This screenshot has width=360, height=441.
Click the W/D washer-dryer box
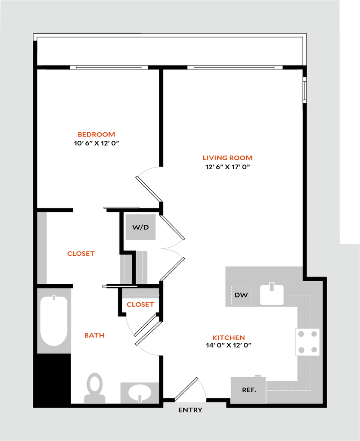coord(140,227)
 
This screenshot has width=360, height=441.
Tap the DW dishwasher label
coord(241,295)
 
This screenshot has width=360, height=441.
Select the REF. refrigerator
coord(248,390)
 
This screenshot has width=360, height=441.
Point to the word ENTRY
coord(190,410)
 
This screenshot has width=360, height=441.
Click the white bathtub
coord(54,320)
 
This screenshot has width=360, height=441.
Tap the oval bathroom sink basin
coord(140,392)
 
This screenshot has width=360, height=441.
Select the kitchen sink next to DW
coord(272,295)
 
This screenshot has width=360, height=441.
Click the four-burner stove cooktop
coord(307,342)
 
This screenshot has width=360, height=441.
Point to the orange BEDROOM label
coord(96,134)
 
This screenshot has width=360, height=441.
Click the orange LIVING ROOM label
coord(227,158)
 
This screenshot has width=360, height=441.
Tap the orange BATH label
coord(94,335)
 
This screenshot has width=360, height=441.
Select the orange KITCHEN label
coord(228,338)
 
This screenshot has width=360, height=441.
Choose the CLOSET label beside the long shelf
coord(81,254)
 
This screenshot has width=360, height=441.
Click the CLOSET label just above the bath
coord(140,304)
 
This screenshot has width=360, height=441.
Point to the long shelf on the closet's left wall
coord(42,248)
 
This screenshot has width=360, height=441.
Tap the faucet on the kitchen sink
coord(271,286)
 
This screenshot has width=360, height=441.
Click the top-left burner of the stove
coord(301,334)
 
